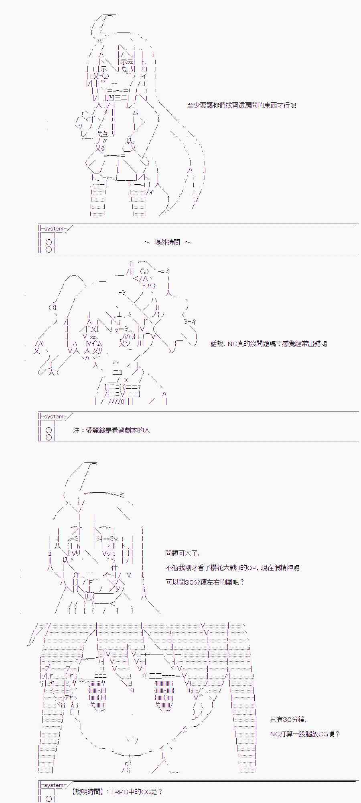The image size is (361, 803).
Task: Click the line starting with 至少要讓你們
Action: (241, 106)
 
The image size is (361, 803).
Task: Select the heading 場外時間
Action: (167, 243)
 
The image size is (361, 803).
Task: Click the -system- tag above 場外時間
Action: (54, 229)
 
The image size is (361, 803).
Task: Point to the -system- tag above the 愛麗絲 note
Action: (54, 416)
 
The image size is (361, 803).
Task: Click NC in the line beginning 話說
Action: (232, 344)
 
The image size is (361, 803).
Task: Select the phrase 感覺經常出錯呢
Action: (305, 344)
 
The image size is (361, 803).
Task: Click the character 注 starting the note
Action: (76, 430)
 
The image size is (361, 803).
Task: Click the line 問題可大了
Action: (182, 553)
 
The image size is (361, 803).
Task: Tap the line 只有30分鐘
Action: (288, 719)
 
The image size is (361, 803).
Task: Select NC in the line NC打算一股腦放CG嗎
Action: (274, 734)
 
